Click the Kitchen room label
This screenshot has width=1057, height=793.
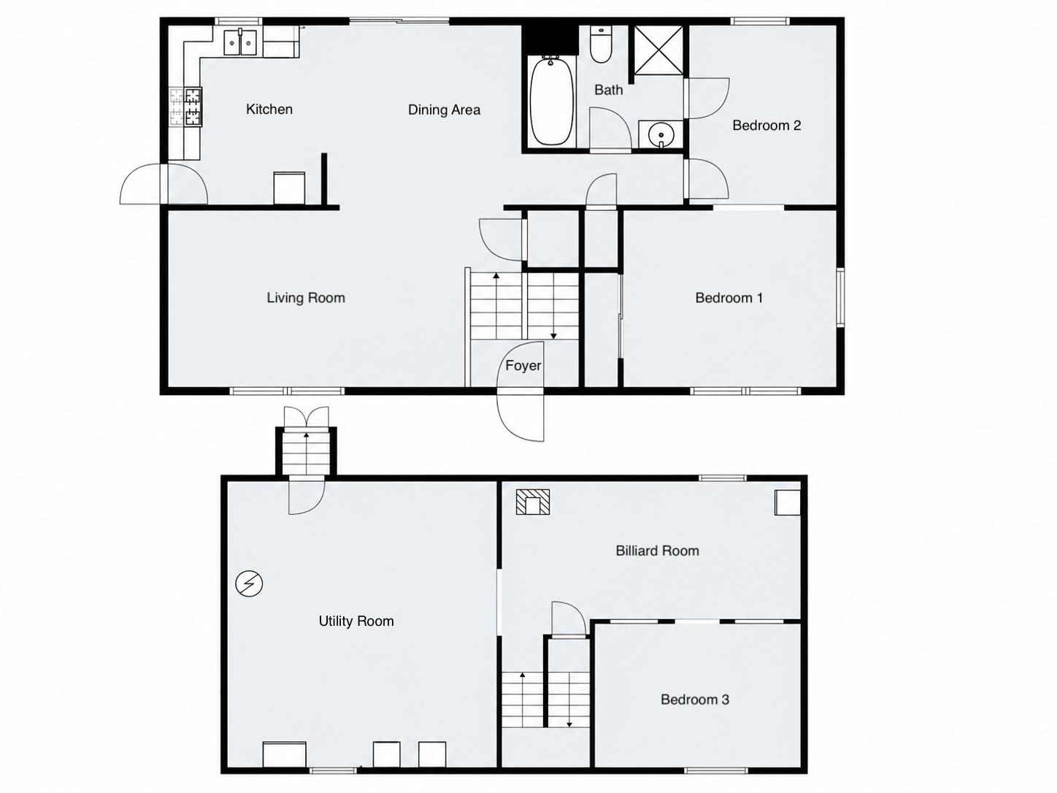point(269,110)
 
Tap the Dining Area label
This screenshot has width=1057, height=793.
point(444,110)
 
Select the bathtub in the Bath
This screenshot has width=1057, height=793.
point(551,101)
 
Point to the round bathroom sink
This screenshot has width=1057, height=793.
point(661,135)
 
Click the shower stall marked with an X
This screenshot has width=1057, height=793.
point(658,50)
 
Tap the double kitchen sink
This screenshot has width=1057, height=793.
point(240,43)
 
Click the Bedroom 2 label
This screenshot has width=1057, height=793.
point(766,126)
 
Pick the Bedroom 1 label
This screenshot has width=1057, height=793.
point(729,298)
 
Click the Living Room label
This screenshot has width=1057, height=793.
point(305,298)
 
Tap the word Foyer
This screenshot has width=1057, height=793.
point(523,366)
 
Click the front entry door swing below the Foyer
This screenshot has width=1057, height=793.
point(521,416)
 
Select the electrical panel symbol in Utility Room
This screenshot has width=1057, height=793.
point(249,583)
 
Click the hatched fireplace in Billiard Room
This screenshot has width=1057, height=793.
point(533,502)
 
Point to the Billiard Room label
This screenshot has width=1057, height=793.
point(657,551)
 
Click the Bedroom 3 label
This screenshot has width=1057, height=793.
point(694,700)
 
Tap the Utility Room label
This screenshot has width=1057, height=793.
point(356,621)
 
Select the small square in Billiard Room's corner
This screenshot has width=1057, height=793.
point(787,503)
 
